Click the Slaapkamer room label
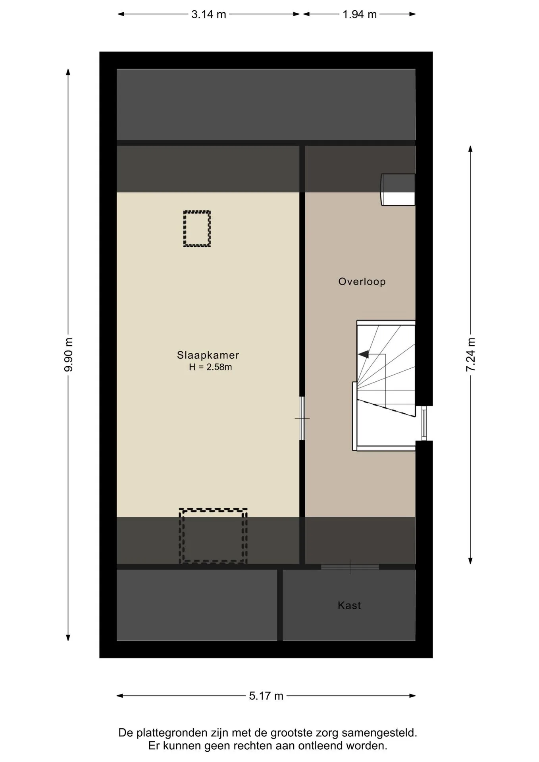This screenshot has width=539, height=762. click(x=208, y=355)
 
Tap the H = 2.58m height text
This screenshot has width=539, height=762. click(x=210, y=367)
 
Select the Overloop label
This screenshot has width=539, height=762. click(x=362, y=282)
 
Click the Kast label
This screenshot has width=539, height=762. click(x=349, y=605)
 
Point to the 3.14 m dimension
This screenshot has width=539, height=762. click(x=209, y=14)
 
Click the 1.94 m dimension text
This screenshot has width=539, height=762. click(x=360, y=14)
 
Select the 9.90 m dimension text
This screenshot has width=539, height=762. click(x=69, y=354)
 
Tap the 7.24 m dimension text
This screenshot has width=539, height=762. click(x=470, y=354)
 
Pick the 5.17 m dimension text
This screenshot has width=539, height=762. click(x=266, y=696)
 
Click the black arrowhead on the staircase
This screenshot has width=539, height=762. click(x=363, y=354)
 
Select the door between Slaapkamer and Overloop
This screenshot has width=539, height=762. click(x=302, y=418)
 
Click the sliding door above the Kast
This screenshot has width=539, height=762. click(x=350, y=567)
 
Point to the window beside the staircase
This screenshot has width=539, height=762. click(x=424, y=423)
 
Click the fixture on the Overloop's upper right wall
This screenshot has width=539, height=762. click(x=398, y=190)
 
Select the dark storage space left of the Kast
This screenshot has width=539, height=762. click(x=197, y=605)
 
